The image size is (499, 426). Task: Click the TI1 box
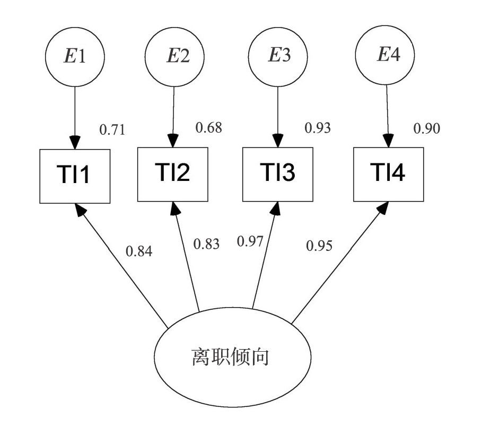tap(75, 176)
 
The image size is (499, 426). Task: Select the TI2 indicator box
tap(173, 174)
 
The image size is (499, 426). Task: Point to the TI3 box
tap(277, 175)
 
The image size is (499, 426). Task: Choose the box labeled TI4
tap(389, 174)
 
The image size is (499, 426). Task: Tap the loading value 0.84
tap(139, 252)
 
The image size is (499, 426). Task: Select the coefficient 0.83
tap(206, 244)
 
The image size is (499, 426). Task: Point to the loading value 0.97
tap(249, 241)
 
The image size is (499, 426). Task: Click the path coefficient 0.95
tap(319, 246)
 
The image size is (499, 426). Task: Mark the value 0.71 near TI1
tap(112, 129)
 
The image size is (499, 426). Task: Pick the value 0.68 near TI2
tap(208, 127)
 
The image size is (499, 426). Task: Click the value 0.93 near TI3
tap(318, 128)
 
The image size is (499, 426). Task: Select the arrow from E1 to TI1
tap(75, 114)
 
